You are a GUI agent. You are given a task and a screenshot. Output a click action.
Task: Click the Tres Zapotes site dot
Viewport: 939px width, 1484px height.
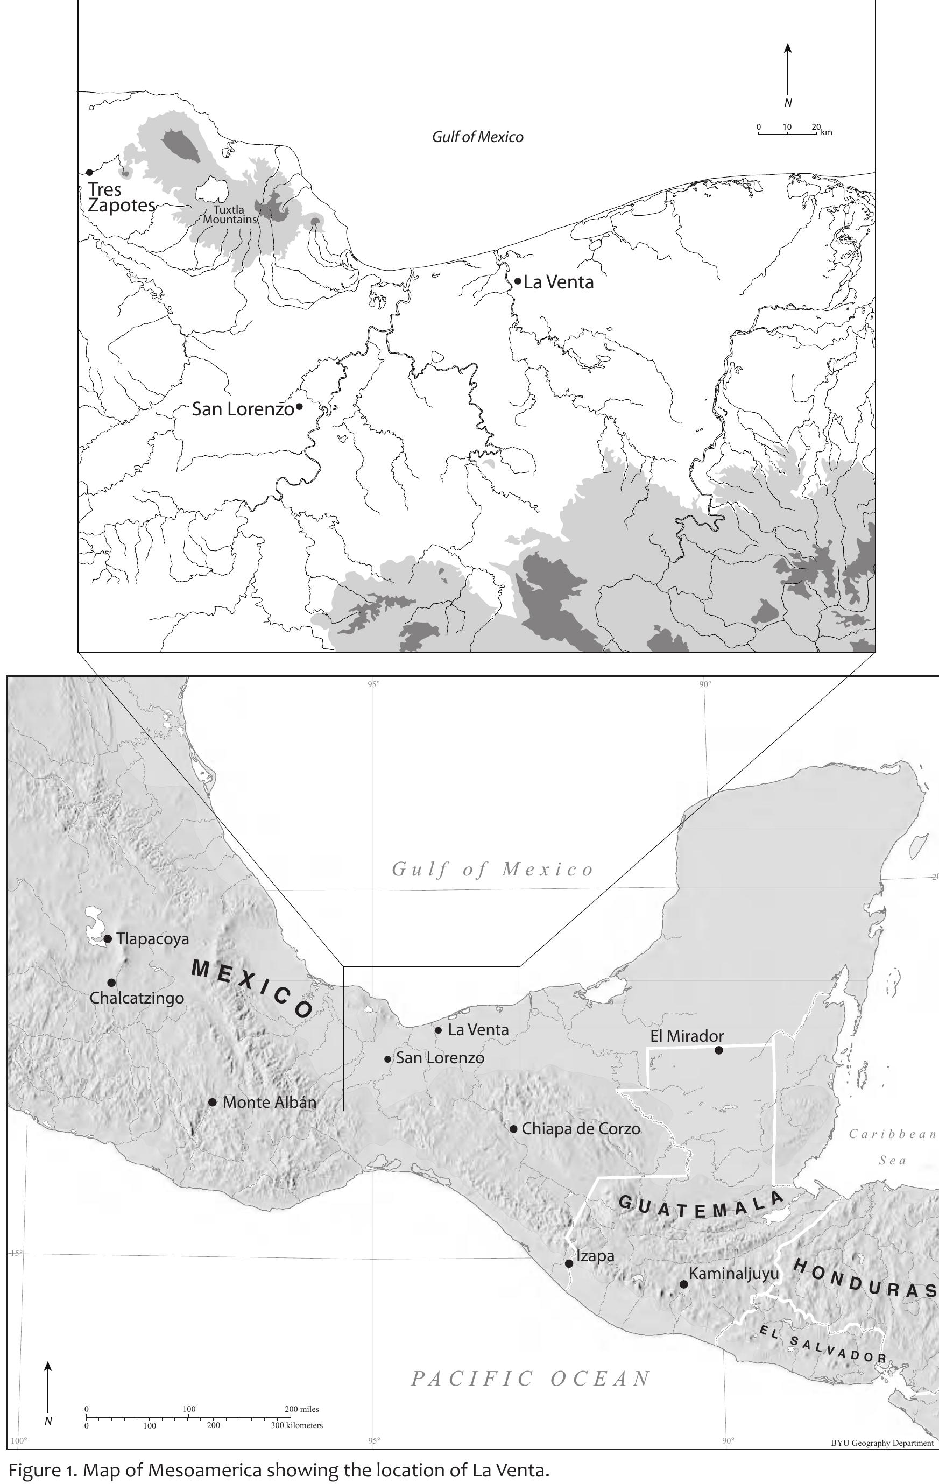(89, 172)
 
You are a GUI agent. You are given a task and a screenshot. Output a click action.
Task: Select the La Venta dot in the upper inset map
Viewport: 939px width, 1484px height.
(518, 281)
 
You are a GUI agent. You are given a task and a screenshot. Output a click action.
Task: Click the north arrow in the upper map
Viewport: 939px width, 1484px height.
(787, 71)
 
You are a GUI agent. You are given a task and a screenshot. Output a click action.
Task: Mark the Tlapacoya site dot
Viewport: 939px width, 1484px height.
(108, 938)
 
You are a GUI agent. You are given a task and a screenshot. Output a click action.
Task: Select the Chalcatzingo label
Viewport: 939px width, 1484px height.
(137, 997)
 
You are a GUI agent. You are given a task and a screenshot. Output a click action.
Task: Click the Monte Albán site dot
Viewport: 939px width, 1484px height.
(212, 1102)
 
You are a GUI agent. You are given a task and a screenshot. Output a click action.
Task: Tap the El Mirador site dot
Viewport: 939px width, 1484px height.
(718, 1050)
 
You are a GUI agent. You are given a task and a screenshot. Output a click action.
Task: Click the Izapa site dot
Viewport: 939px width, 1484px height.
(569, 1263)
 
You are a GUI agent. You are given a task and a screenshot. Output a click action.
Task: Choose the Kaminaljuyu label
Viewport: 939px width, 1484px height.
(733, 1273)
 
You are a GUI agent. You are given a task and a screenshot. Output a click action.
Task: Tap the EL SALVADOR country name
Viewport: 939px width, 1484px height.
(823, 1344)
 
